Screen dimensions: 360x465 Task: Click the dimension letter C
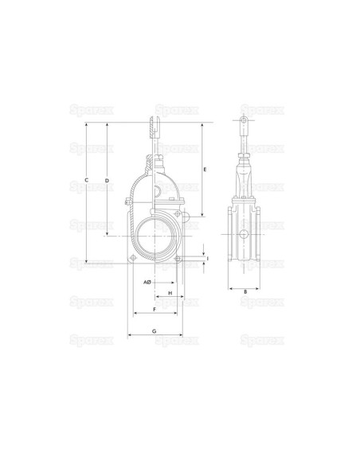(86, 180)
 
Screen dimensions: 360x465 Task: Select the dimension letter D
(108, 180)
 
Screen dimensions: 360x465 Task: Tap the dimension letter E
(205, 170)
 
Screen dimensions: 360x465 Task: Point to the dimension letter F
(155, 309)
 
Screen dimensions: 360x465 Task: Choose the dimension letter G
(155, 331)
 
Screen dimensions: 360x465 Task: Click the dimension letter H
(170, 293)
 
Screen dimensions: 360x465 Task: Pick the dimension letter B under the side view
(245, 291)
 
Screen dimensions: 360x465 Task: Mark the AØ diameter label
(147, 283)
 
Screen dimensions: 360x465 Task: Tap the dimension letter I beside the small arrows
(208, 259)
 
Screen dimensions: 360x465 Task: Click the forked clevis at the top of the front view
(155, 127)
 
